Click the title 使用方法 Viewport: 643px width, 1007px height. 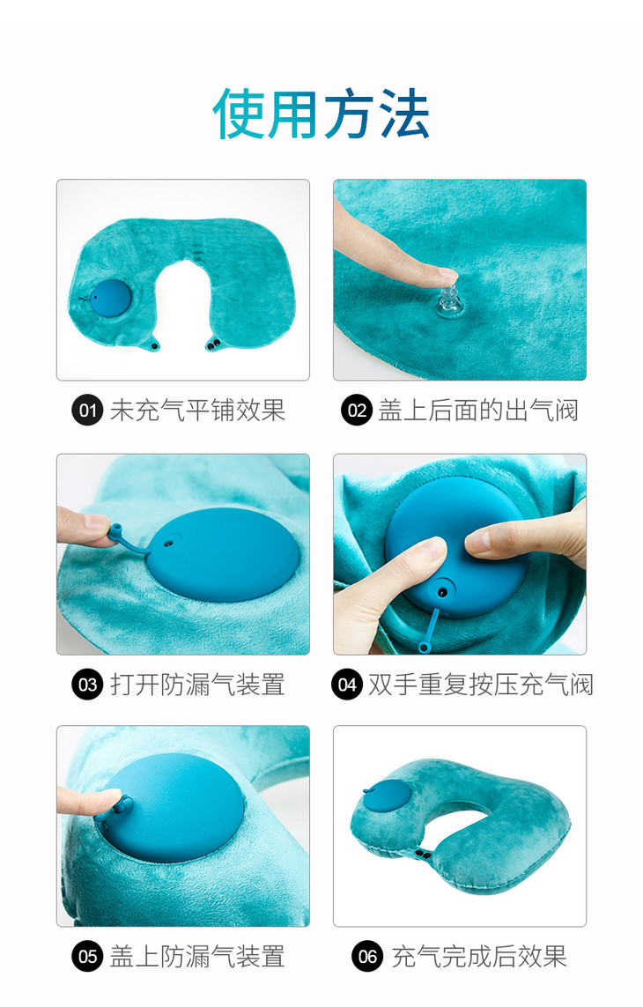(321, 114)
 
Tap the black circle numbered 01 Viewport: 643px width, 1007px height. (87, 411)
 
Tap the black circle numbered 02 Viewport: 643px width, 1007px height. (357, 411)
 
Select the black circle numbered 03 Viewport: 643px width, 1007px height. (87, 685)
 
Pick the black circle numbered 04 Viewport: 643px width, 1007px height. (347, 685)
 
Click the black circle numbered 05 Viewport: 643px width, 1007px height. (87, 957)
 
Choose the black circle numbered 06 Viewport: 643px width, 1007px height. (367, 957)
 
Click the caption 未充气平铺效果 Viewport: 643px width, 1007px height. (197, 411)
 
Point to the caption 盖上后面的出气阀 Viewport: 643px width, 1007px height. (478, 411)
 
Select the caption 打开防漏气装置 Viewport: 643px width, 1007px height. (197, 685)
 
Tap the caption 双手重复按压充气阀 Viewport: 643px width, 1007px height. (480, 685)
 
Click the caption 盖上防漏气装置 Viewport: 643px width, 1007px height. (197, 957)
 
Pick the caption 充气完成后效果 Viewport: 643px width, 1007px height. (479, 957)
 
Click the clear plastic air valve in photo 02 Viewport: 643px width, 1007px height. (449, 300)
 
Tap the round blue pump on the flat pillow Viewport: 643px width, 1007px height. (110, 298)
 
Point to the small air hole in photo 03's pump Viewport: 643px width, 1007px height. (168, 543)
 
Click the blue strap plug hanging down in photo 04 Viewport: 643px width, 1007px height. (431, 626)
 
